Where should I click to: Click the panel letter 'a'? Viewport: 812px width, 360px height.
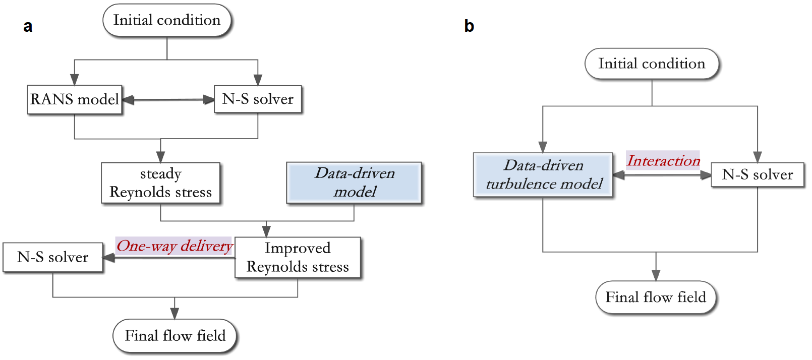pos(28,26)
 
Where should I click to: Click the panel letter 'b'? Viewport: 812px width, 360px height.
pos(469,26)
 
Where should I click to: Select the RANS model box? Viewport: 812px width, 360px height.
pos(75,99)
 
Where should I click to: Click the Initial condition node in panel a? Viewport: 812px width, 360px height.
pos(167,20)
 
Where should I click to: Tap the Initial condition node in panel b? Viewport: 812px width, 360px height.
pos(652,64)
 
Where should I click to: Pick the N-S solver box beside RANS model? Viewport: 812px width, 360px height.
pos(258,99)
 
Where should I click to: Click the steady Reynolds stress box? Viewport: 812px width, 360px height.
pos(160,183)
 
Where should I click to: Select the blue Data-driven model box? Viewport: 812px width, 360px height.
pos(354,183)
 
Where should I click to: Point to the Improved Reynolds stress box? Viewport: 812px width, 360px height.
pos(298,257)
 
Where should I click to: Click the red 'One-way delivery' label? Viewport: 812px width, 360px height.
pos(175,246)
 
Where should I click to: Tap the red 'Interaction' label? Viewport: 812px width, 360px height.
pos(663,161)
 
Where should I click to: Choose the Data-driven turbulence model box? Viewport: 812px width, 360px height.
pos(543,175)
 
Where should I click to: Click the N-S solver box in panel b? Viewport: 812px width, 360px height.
pos(757,175)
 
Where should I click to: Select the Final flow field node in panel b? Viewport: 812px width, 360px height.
pos(656,297)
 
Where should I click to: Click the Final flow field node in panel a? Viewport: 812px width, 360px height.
pos(175,336)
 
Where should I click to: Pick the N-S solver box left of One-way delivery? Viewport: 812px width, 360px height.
pos(53,257)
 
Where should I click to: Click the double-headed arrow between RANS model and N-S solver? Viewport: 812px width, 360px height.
pos(168,100)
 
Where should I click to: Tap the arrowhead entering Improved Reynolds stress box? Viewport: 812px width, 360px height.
pos(266,231)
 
